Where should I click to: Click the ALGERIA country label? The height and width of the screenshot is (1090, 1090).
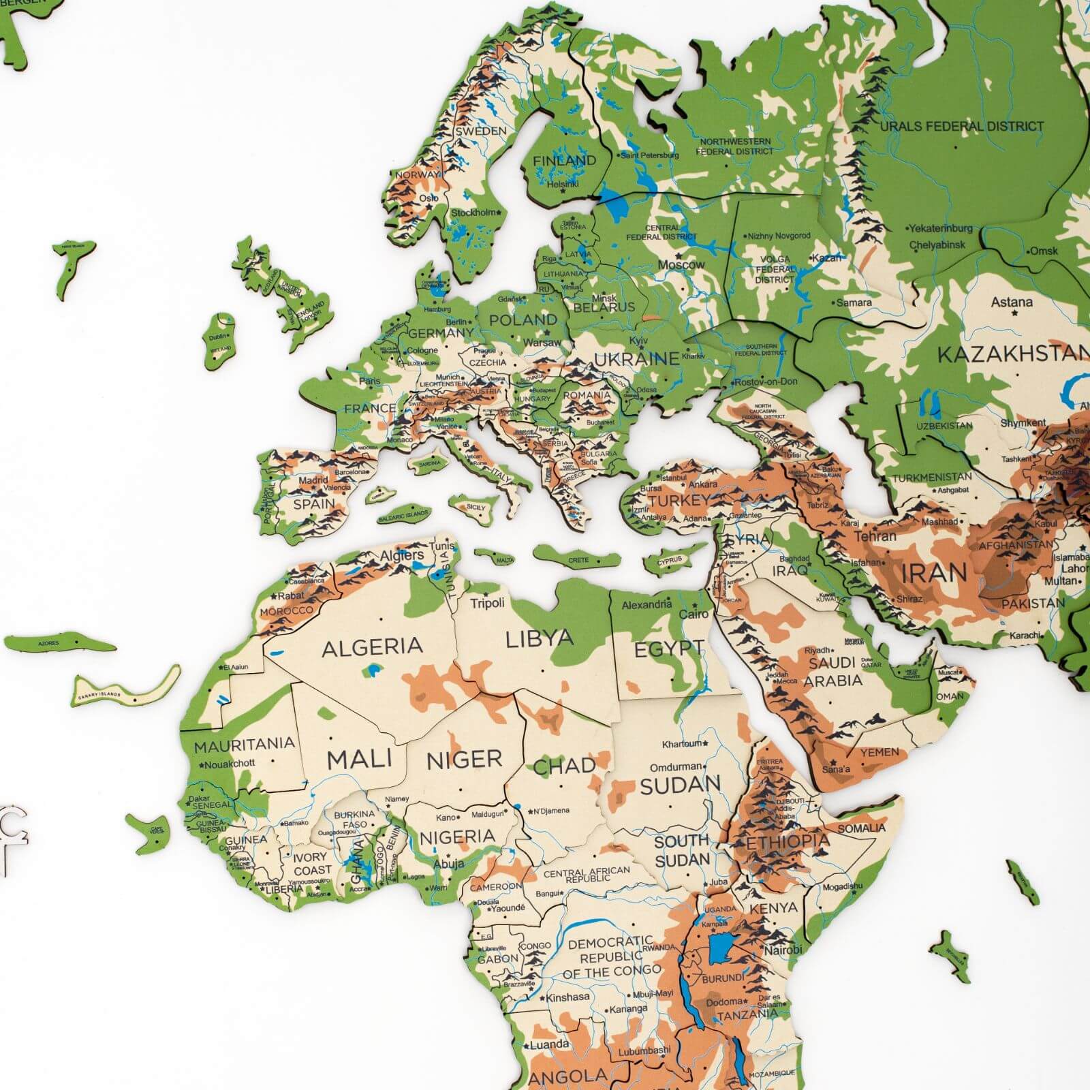click(372, 647)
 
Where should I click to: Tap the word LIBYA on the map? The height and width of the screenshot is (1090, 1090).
click(540, 638)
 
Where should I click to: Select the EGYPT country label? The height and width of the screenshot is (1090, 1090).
click(669, 649)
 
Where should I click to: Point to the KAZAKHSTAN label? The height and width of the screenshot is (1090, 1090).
click(1012, 354)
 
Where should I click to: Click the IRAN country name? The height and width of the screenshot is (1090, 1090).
click(933, 573)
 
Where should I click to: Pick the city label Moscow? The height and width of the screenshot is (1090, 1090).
click(681, 264)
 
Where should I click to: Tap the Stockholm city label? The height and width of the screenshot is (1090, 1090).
click(474, 213)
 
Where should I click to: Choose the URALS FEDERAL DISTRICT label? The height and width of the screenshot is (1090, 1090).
click(961, 126)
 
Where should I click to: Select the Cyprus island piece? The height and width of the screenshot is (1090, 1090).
click(671, 560)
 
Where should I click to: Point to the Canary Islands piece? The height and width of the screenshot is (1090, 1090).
click(126, 687)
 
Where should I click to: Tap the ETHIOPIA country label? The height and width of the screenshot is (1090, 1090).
click(788, 842)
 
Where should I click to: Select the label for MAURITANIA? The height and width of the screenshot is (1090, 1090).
click(244, 745)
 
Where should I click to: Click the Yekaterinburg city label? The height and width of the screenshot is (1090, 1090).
click(941, 228)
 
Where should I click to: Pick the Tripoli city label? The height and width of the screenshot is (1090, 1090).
click(488, 603)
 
